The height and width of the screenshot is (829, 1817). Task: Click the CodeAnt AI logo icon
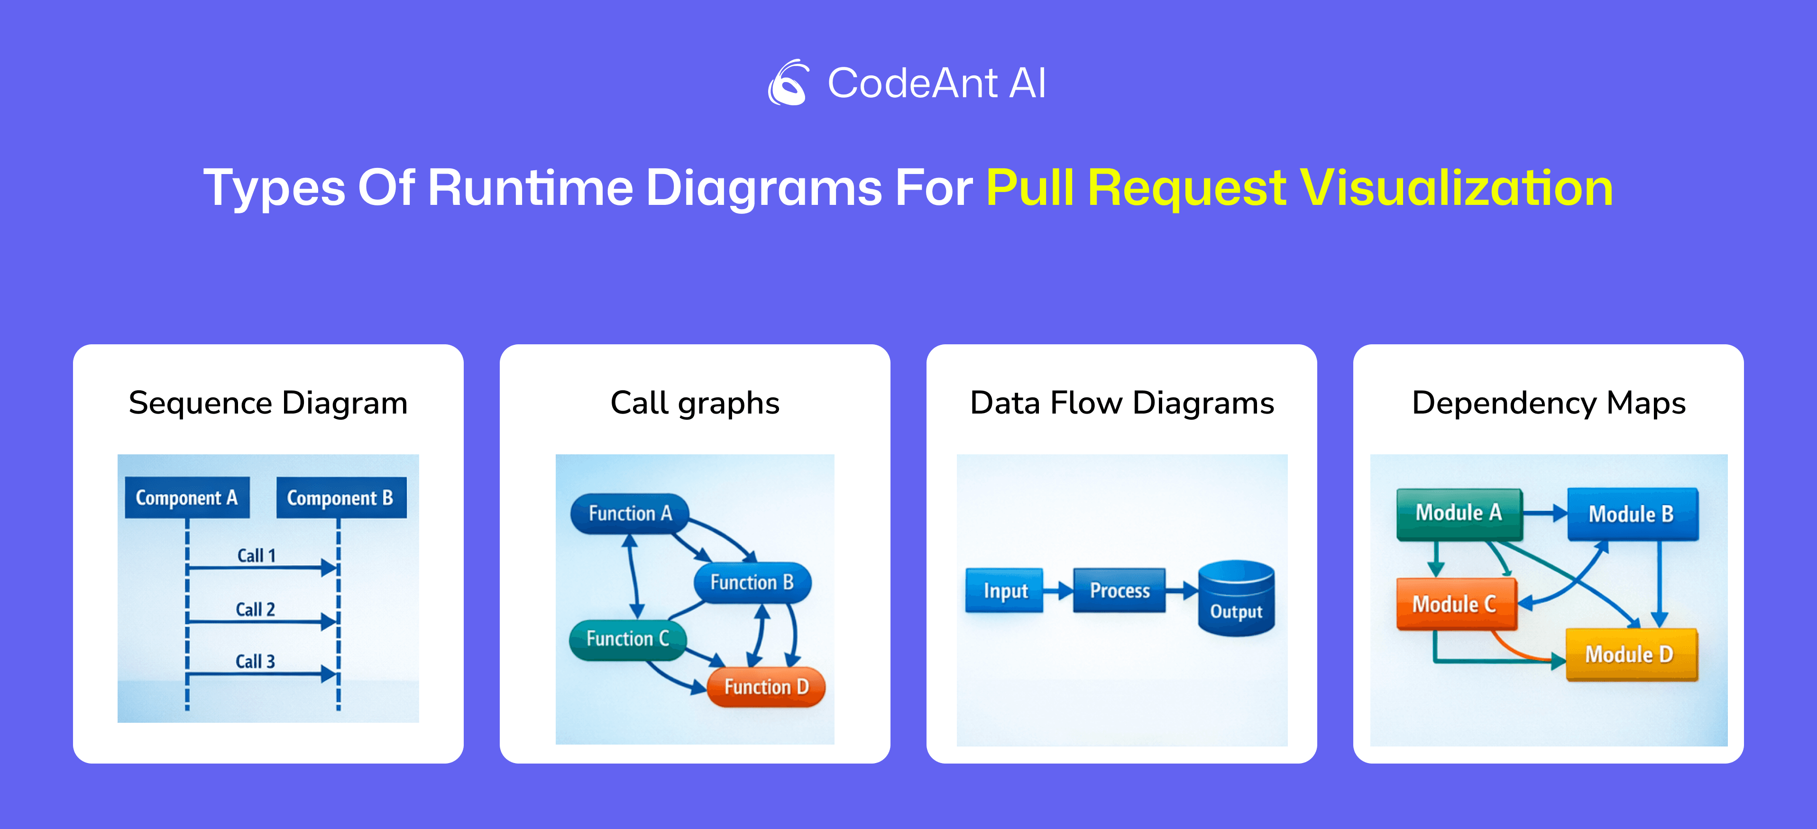tap(789, 83)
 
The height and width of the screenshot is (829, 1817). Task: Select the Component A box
tap(187, 498)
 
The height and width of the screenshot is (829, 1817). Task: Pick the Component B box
tap(340, 498)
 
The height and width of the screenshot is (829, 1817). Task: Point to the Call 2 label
tap(256, 609)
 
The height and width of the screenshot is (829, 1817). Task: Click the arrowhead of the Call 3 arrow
tap(329, 674)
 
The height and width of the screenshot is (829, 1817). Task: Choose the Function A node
tap(629, 514)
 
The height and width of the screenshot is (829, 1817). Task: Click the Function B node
tap(752, 583)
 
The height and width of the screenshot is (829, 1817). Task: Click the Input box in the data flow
tap(1004, 590)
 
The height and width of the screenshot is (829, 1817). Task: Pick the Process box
tap(1120, 590)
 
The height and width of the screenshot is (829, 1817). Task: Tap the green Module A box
tap(1459, 514)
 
